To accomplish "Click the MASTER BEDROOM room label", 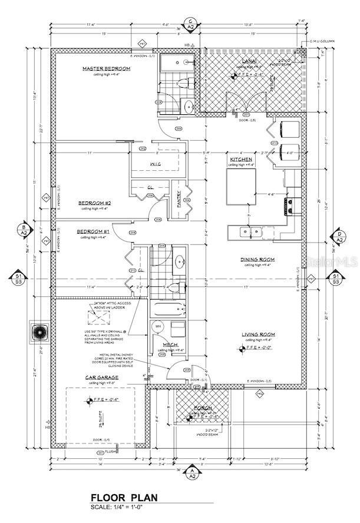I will pyautogui.click(x=107, y=69).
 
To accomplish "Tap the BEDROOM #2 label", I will pyautogui.click(x=95, y=203).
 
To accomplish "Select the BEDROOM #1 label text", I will pyautogui.click(x=93, y=232).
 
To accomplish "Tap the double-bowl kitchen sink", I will pyautogui.click(x=252, y=231).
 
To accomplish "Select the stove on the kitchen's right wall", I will pyautogui.click(x=291, y=205).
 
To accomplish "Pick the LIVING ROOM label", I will pyautogui.click(x=258, y=335).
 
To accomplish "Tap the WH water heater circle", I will pyautogui.click(x=158, y=326).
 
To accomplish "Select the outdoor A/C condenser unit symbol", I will pyautogui.click(x=40, y=330).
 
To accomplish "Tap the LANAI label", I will pyautogui.click(x=248, y=61).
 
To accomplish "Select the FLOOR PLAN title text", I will pyautogui.click(x=124, y=497).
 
